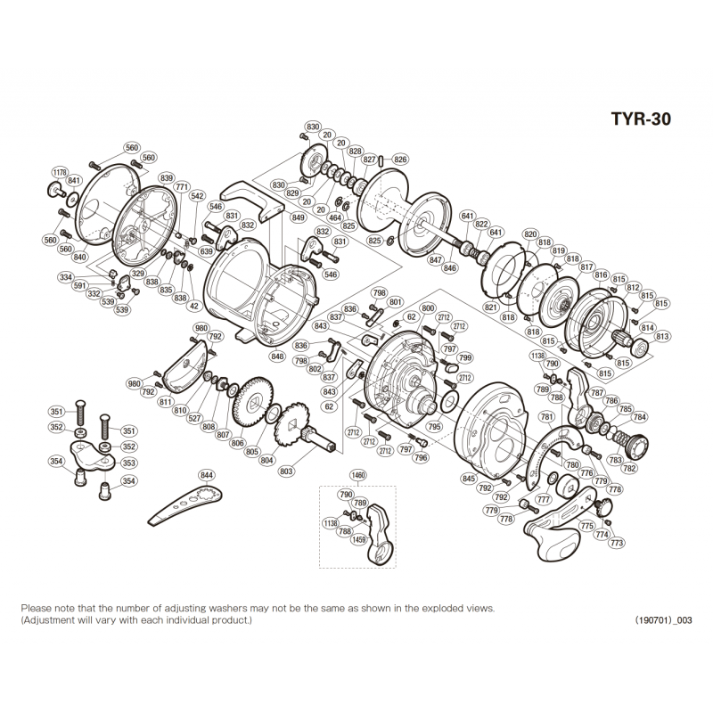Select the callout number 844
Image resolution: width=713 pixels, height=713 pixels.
click(208, 476)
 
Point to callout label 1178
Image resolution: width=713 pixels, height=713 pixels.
click(60, 172)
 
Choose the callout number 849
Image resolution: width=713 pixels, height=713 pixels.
click(298, 217)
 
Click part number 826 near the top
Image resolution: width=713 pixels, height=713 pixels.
click(400, 160)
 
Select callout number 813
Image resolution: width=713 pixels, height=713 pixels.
click(662, 337)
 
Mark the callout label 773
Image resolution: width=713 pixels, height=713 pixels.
click(617, 543)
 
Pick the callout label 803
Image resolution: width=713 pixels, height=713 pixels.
click(287, 471)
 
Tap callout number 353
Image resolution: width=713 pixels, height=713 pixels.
click(128, 463)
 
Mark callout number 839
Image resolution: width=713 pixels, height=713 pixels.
click(167, 179)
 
